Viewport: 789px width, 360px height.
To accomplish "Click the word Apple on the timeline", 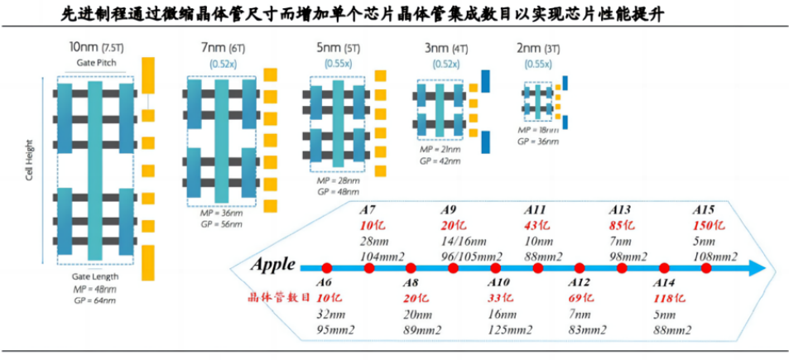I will coord(274,266).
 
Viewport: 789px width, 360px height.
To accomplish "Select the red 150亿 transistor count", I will coord(709,226).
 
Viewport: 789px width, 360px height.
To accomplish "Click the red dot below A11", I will coord(538,268).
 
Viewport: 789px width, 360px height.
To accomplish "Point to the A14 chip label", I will coord(665,283).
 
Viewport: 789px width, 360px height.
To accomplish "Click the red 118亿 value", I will coord(670,298).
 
